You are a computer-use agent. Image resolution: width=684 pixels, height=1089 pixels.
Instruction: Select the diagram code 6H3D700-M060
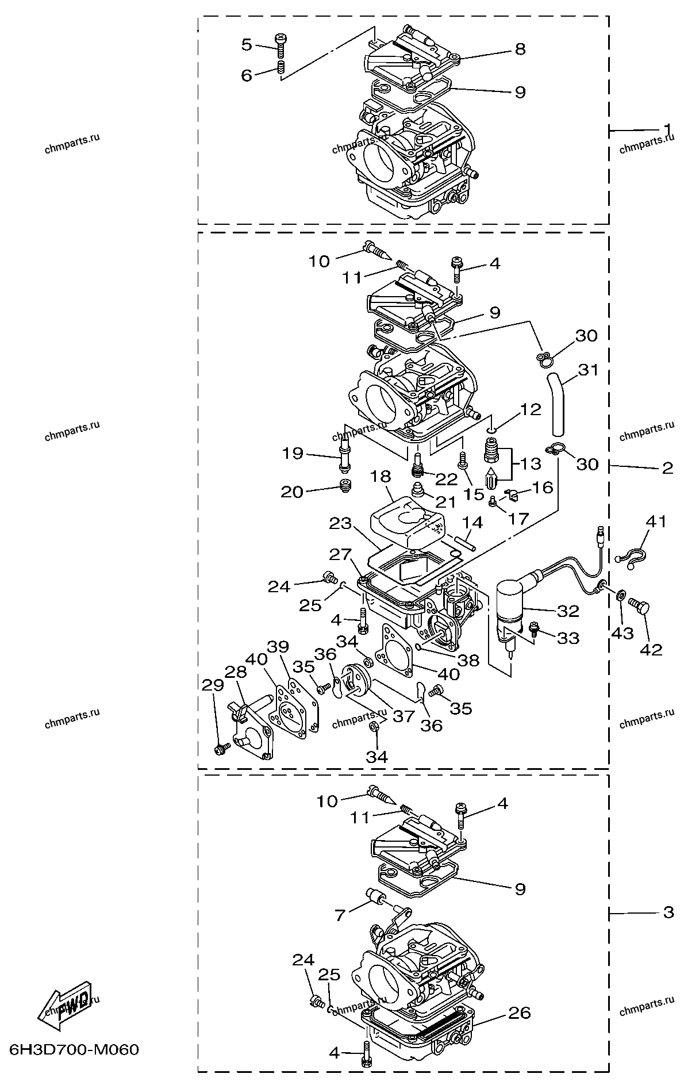(75, 1050)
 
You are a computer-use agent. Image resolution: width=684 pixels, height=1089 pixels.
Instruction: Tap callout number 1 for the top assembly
(667, 128)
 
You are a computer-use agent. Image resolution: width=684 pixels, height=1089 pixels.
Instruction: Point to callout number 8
(520, 49)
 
